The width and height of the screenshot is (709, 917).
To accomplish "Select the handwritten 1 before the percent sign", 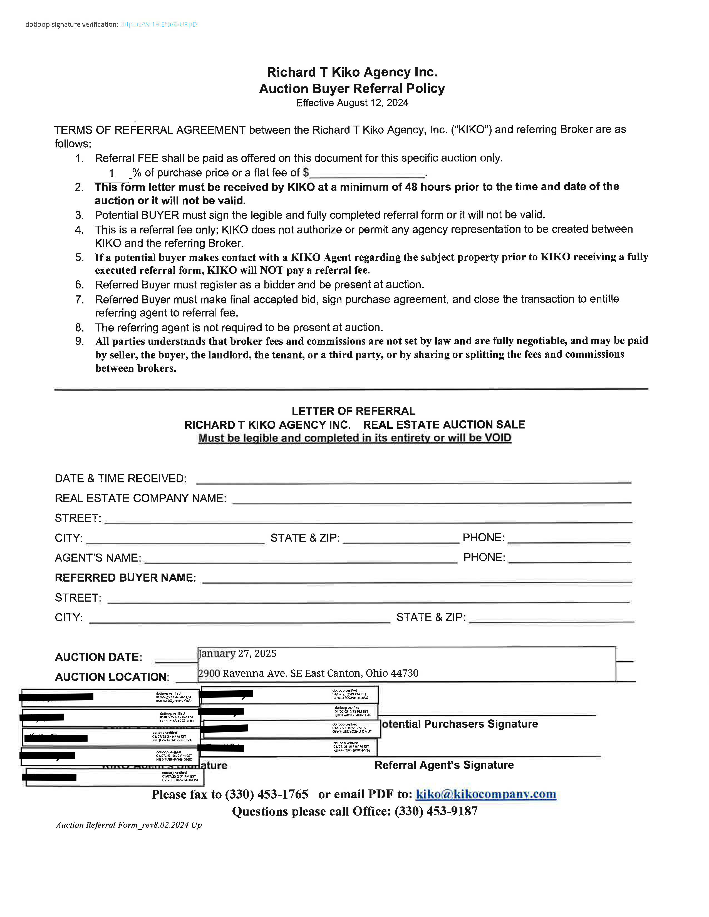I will (x=112, y=173).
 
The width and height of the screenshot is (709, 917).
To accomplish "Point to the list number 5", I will (x=80, y=257).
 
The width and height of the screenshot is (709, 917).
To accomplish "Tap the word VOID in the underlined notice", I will (x=497, y=438).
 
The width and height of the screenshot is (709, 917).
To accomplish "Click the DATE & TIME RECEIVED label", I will (x=121, y=479).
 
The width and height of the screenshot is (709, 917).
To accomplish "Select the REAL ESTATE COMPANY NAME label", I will (x=140, y=499).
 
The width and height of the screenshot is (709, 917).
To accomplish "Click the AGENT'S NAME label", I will (x=98, y=558).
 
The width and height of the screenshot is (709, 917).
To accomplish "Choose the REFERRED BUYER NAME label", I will (x=125, y=578).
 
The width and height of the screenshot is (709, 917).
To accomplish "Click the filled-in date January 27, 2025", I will (x=237, y=654).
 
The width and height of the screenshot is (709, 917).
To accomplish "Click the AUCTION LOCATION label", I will (x=112, y=677).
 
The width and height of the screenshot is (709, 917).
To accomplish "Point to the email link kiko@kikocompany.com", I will (x=486, y=794).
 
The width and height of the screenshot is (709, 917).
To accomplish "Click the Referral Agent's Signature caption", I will (x=444, y=765).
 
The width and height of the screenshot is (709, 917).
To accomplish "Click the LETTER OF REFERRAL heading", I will (x=353, y=411).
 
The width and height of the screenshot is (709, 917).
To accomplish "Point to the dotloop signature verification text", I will (x=71, y=24).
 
